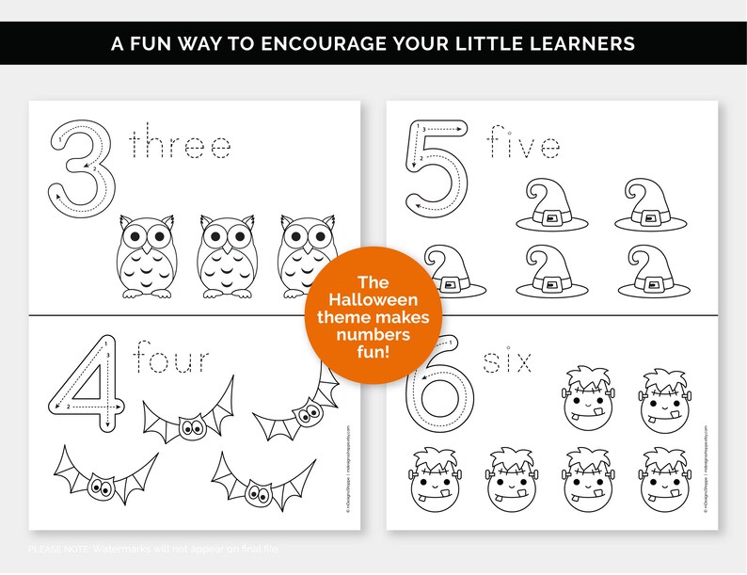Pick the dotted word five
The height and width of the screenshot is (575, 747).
point(523,145)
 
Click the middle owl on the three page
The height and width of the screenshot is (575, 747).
point(226,257)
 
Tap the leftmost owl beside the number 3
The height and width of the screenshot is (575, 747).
point(145,257)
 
